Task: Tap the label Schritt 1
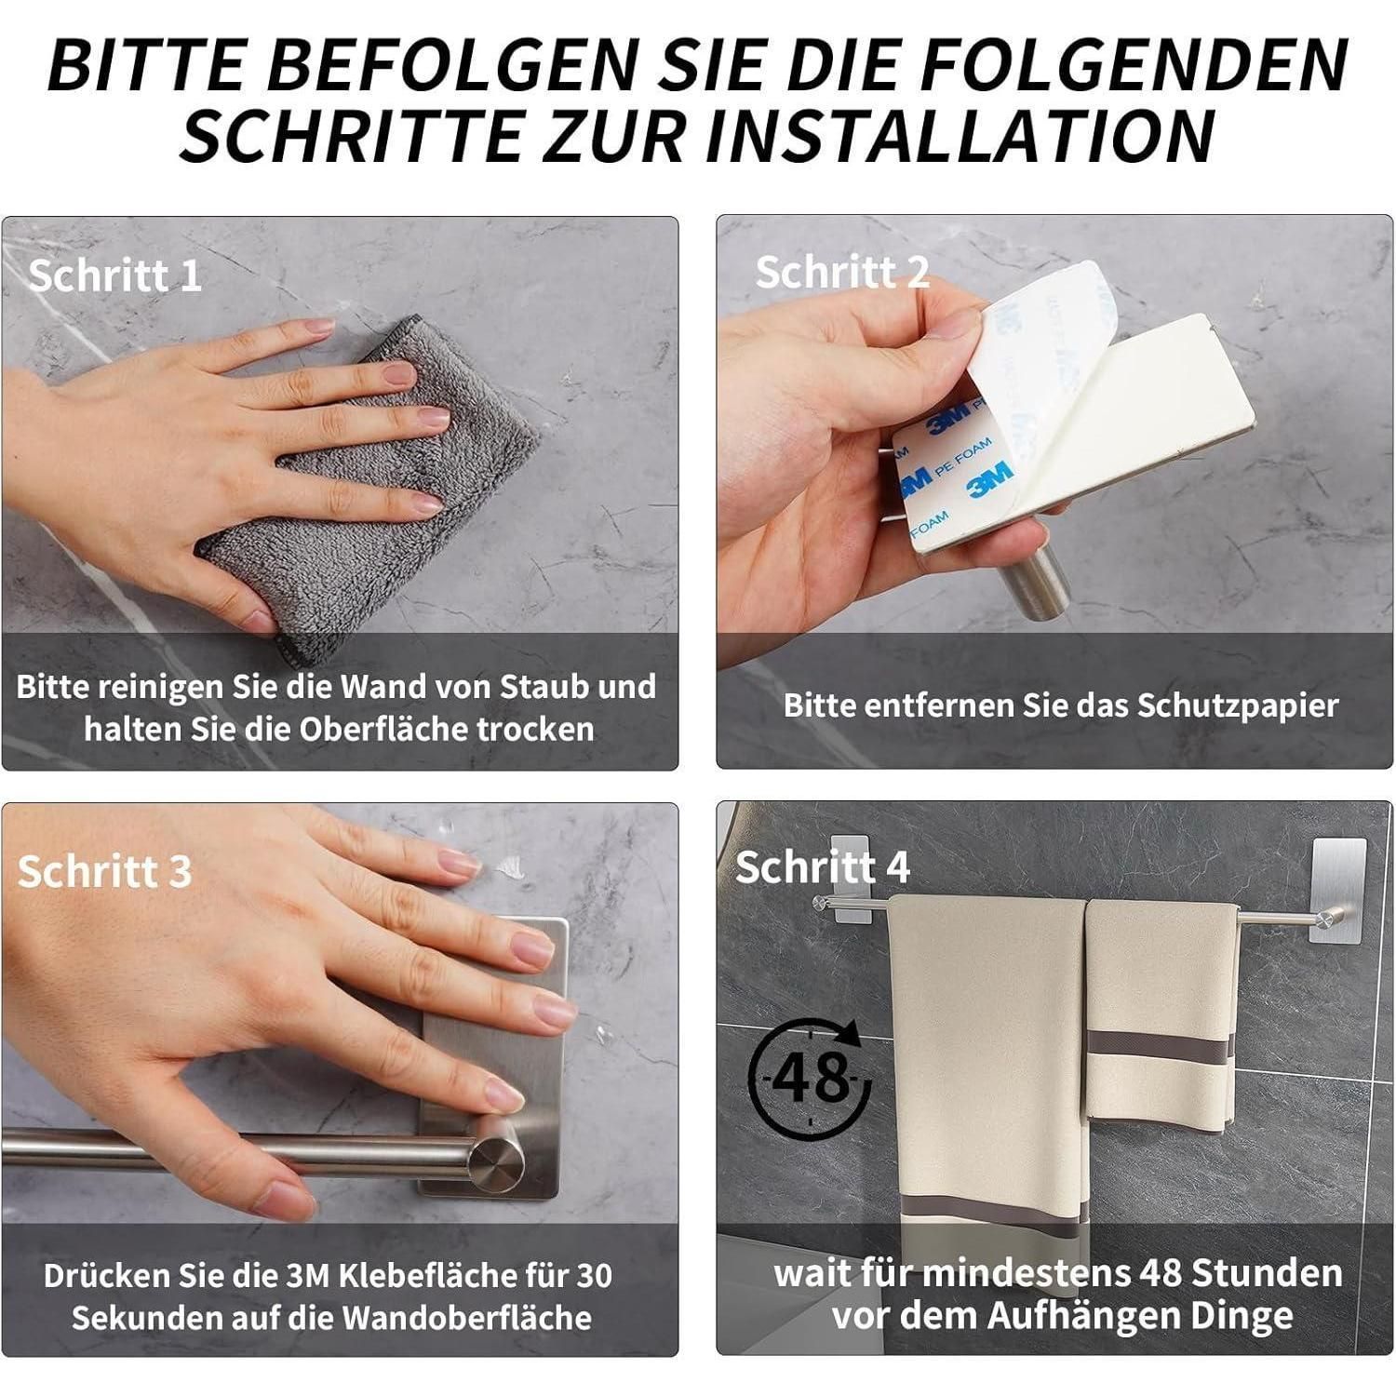pyautogui.click(x=114, y=275)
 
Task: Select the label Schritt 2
pyautogui.click(x=842, y=272)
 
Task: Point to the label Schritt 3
pyautogui.click(x=104, y=871)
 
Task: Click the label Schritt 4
pyautogui.click(x=823, y=866)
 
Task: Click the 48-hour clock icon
pyautogui.click(x=809, y=1074)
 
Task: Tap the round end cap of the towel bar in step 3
pyautogui.click(x=495, y=1157)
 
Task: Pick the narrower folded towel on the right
pyautogui.click(x=1159, y=1014)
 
